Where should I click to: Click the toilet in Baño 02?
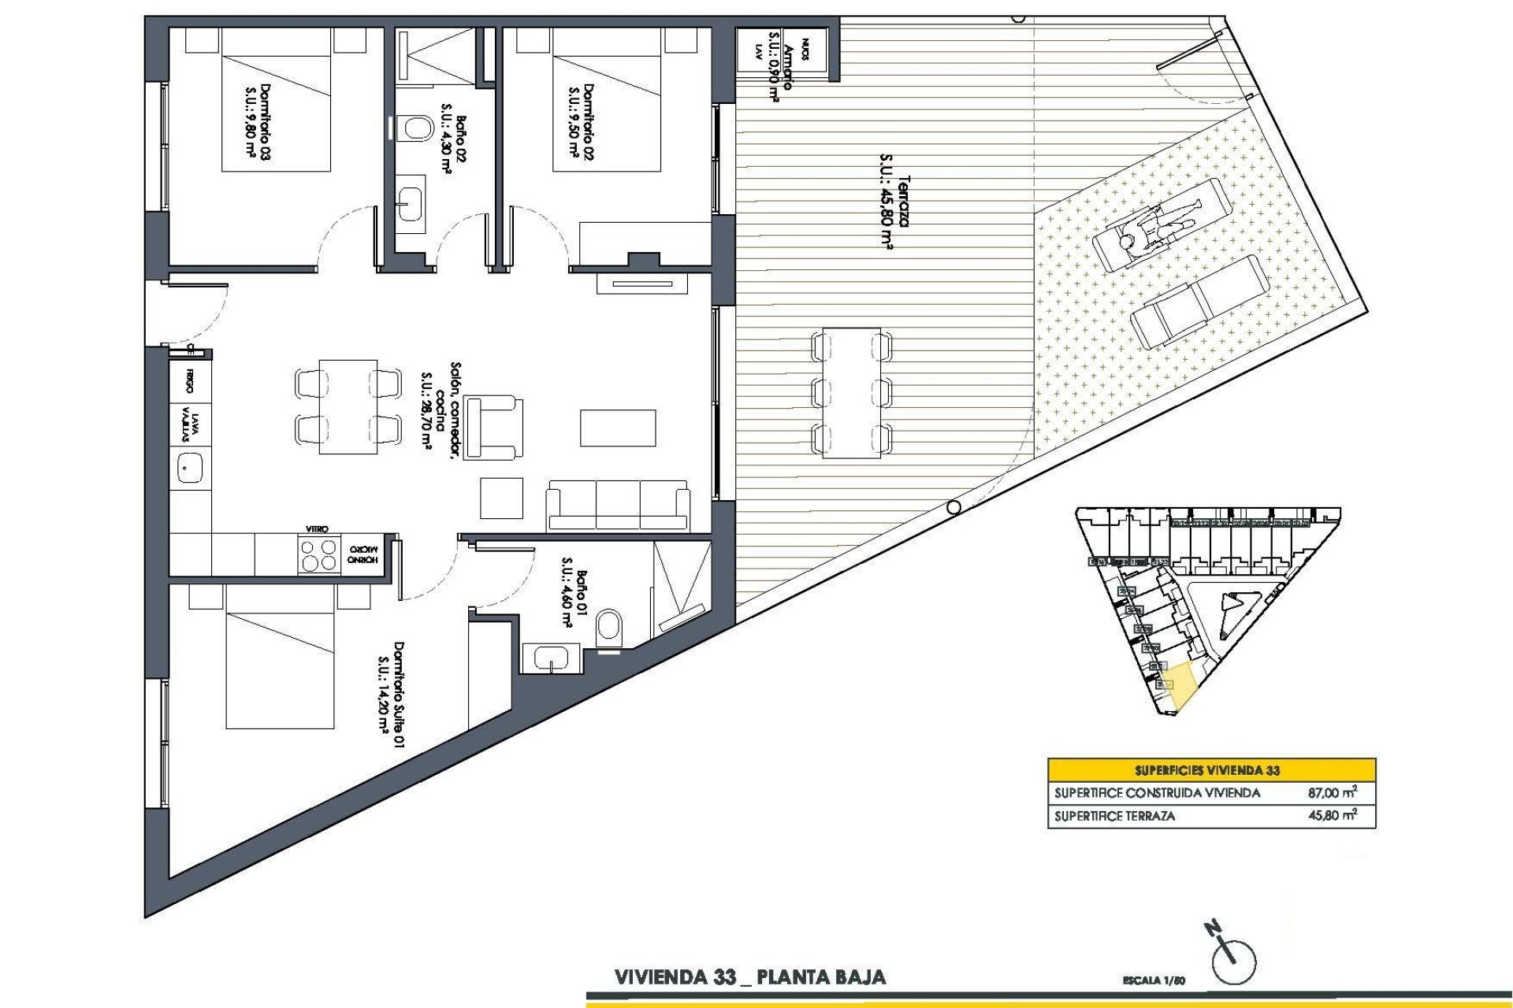click(x=414, y=129)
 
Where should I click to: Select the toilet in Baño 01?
click(x=609, y=628)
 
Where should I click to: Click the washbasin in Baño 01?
click(x=551, y=656)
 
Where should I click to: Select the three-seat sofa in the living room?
click(x=618, y=504)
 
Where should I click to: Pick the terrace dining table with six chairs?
click(x=851, y=393)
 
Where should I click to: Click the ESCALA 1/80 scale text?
click(x=1154, y=981)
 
